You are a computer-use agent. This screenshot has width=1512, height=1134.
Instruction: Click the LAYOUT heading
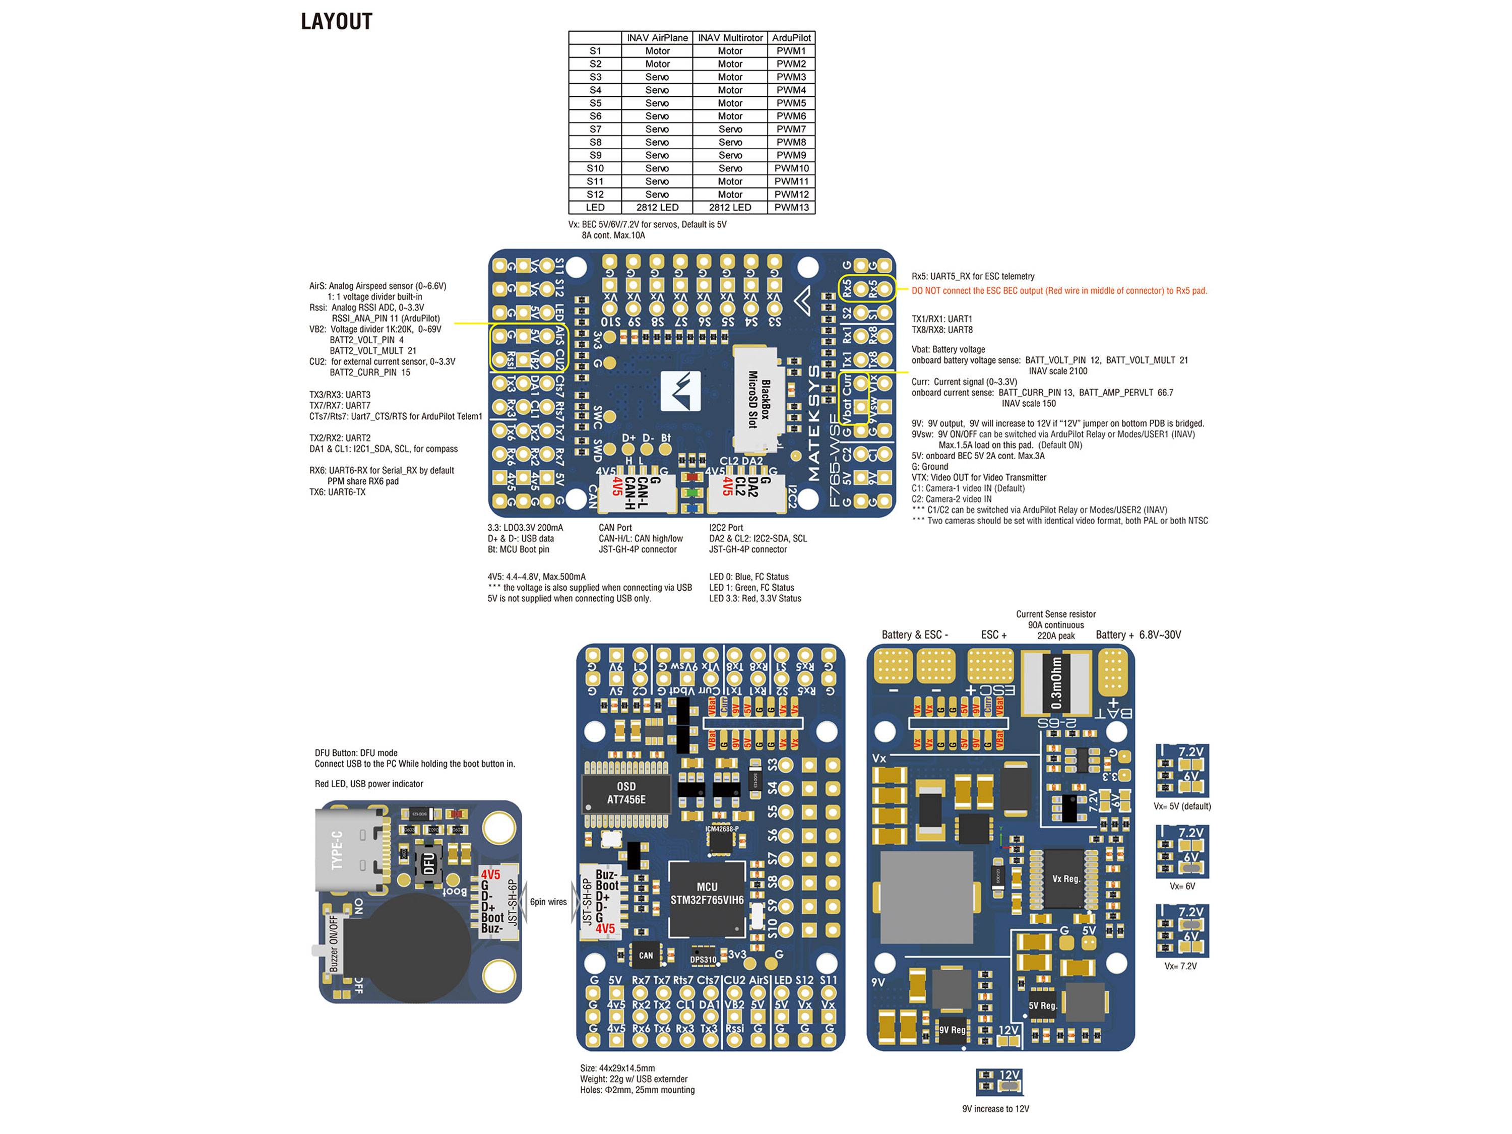pos(336,22)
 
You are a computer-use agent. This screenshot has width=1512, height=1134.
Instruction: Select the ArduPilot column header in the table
pos(791,38)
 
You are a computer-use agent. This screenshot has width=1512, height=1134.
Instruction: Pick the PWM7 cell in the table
pos(791,129)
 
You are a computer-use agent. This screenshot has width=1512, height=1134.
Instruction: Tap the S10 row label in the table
pos(595,168)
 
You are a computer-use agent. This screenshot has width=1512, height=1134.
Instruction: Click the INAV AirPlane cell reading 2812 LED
pos(657,207)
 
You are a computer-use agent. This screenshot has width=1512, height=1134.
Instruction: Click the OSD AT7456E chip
pos(625,793)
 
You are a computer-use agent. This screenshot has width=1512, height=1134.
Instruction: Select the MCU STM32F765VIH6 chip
pos(706,894)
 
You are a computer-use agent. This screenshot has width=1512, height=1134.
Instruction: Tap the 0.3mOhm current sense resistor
pos(1055,683)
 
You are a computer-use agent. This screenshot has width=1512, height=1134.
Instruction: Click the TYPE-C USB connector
pos(349,850)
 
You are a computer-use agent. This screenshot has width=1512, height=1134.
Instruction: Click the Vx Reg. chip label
pos(1065,879)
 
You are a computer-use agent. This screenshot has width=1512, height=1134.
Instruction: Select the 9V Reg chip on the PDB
pos(952,1029)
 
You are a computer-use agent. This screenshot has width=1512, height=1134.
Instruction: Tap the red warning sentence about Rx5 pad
pos(1059,290)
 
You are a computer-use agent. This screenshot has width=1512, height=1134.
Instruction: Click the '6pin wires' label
pos(548,902)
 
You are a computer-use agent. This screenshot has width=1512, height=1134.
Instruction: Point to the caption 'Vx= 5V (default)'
pos(1182,806)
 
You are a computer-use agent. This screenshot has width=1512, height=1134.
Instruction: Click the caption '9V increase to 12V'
pos(995,1109)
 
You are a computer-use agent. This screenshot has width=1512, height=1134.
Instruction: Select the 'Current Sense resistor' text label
pos(1055,614)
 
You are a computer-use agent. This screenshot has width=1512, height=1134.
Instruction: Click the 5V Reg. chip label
pos(1042,1005)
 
